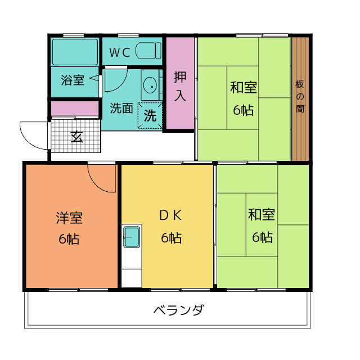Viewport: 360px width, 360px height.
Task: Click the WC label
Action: coord(119,53)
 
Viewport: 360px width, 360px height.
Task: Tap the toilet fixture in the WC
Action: coord(148,51)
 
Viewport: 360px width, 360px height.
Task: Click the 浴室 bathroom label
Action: coord(73,80)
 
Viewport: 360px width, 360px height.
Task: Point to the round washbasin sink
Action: coord(150,86)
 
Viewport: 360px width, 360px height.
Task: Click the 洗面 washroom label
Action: coord(121,108)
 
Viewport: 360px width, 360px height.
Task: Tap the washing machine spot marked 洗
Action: coord(150,116)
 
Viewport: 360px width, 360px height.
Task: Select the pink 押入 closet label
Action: coord(179,86)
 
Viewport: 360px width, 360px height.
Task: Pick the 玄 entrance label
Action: coord(76,136)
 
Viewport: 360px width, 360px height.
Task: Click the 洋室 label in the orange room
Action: coord(69,217)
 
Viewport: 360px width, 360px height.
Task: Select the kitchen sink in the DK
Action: coord(132,236)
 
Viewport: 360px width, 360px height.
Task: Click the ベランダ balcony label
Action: coord(178,310)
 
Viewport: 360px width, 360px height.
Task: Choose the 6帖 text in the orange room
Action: coord(69,238)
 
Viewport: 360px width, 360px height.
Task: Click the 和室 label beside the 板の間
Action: coord(243,88)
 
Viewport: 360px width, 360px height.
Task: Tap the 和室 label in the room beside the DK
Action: coord(262,215)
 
